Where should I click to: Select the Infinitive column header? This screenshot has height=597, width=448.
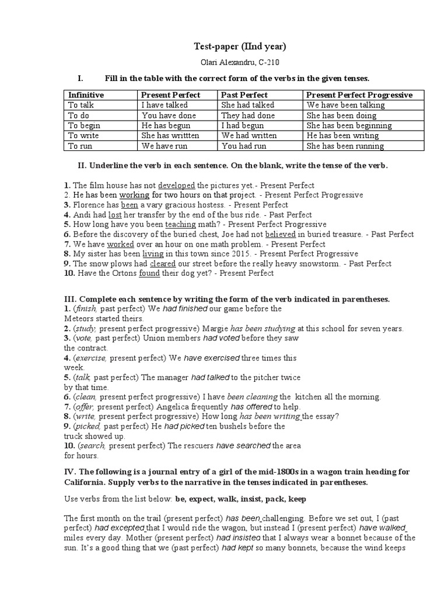86,94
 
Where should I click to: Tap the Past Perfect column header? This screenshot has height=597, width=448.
244,94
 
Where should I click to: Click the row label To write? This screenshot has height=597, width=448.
85,136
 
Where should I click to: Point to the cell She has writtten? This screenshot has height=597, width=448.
170,136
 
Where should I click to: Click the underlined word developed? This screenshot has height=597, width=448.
177,185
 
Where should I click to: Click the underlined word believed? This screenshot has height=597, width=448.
278,234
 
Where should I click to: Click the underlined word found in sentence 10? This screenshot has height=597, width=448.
149,273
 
